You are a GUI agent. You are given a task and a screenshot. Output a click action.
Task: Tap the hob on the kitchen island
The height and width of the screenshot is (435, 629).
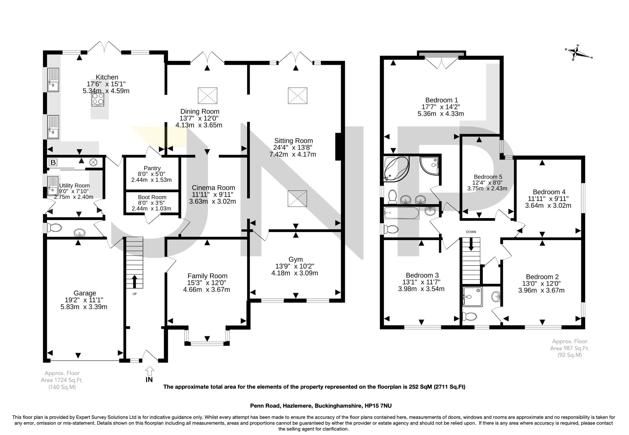(x=98, y=99)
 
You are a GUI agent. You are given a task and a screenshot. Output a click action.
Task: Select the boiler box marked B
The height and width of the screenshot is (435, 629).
(x=53, y=162)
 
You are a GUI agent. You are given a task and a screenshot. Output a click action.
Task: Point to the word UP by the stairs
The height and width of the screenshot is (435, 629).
(x=134, y=294)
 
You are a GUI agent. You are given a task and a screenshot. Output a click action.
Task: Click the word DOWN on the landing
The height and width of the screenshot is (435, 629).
(x=471, y=232)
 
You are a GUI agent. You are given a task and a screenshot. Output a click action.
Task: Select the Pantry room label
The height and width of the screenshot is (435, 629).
(x=152, y=168)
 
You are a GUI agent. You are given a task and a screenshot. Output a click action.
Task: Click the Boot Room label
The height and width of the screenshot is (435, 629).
(x=152, y=197)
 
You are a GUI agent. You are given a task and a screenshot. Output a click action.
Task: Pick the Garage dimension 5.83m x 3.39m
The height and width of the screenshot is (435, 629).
(x=84, y=307)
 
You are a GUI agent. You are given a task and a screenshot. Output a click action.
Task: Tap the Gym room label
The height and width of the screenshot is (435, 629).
(x=295, y=259)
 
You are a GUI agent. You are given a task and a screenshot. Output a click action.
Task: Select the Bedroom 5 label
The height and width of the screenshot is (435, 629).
(x=488, y=177)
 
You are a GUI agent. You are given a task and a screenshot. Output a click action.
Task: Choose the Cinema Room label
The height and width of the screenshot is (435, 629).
(x=213, y=188)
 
